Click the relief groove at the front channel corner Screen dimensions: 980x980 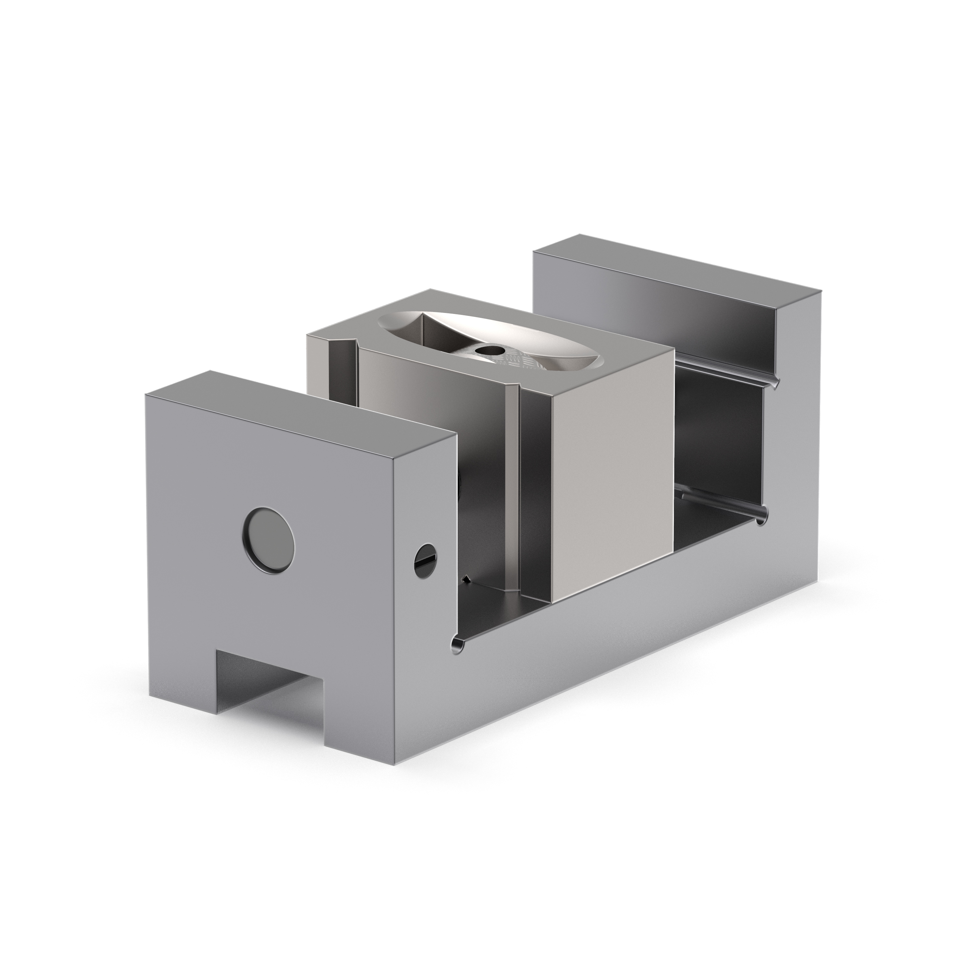(x=457, y=645)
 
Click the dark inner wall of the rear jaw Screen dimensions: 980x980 (x=720, y=446)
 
